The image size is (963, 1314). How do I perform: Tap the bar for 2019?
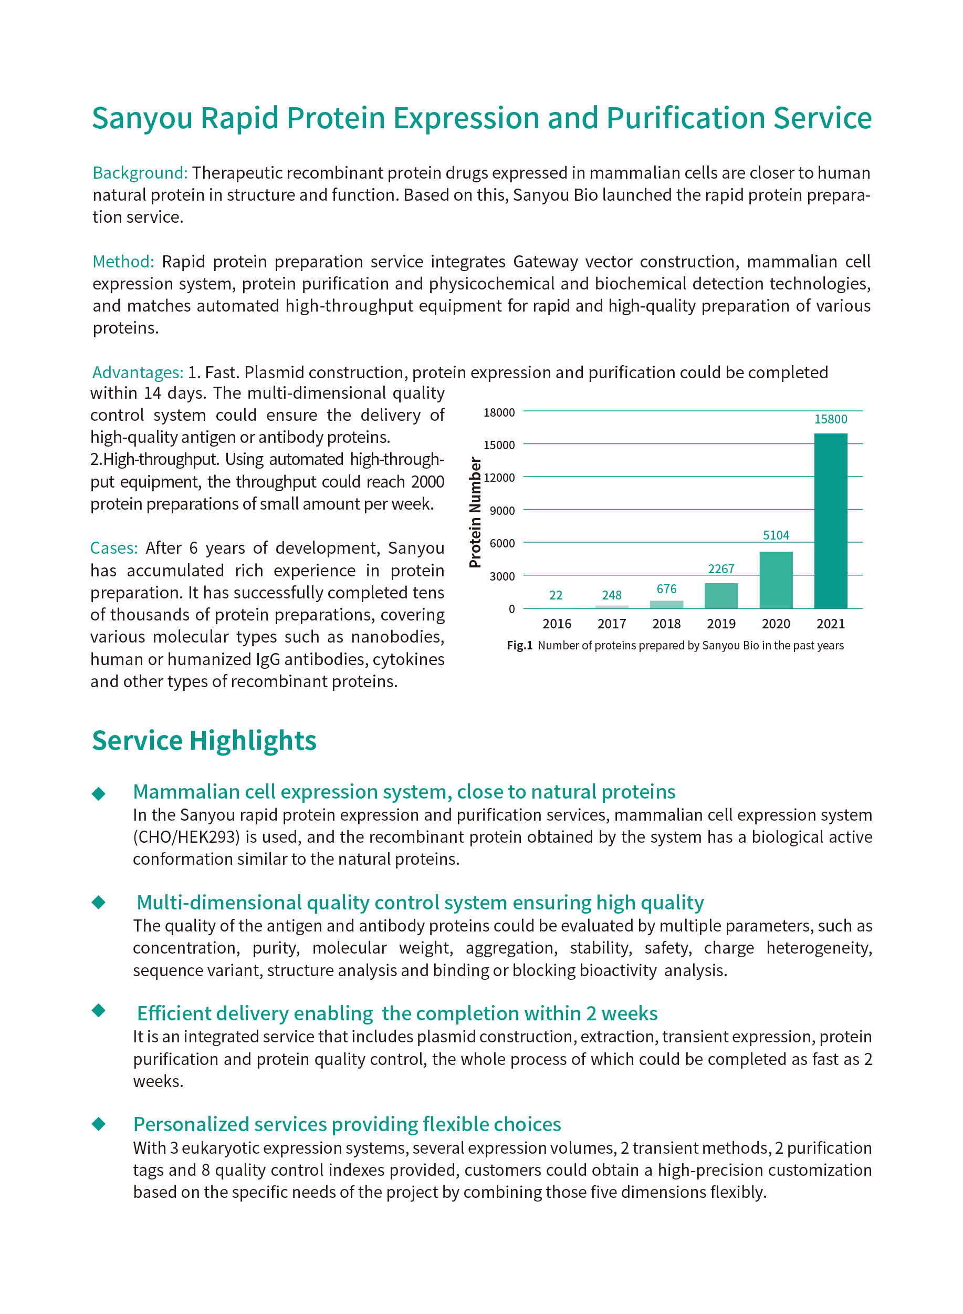(x=721, y=595)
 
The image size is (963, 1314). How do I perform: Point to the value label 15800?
(x=830, y=419)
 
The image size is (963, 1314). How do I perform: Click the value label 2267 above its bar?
(x=721, y=568)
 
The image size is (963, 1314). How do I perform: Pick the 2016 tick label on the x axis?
(x=557, y=624)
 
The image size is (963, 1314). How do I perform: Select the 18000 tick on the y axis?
(x=499, y=412)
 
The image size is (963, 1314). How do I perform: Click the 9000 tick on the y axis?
(x=502, y=510)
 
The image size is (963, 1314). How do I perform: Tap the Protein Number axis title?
(x=476, y=512)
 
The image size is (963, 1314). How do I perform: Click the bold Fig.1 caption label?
(x=519, y=645)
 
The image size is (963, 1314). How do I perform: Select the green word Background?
(x=140, y=173)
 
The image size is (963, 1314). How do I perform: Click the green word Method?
(x=123, y=261)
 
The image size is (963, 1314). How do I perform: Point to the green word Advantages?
(x=138, y=372)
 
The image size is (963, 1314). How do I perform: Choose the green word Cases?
(x=113, y=548)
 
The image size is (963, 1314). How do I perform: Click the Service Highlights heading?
(x=204, y=741)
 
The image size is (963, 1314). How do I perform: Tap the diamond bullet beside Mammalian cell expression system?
(x=99, y=793)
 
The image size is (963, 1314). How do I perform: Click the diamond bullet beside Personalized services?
(x=99, y=1123)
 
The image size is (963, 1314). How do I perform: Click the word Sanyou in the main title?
(x=142, y=118)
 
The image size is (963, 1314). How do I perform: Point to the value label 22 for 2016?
(x=556, y=595)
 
